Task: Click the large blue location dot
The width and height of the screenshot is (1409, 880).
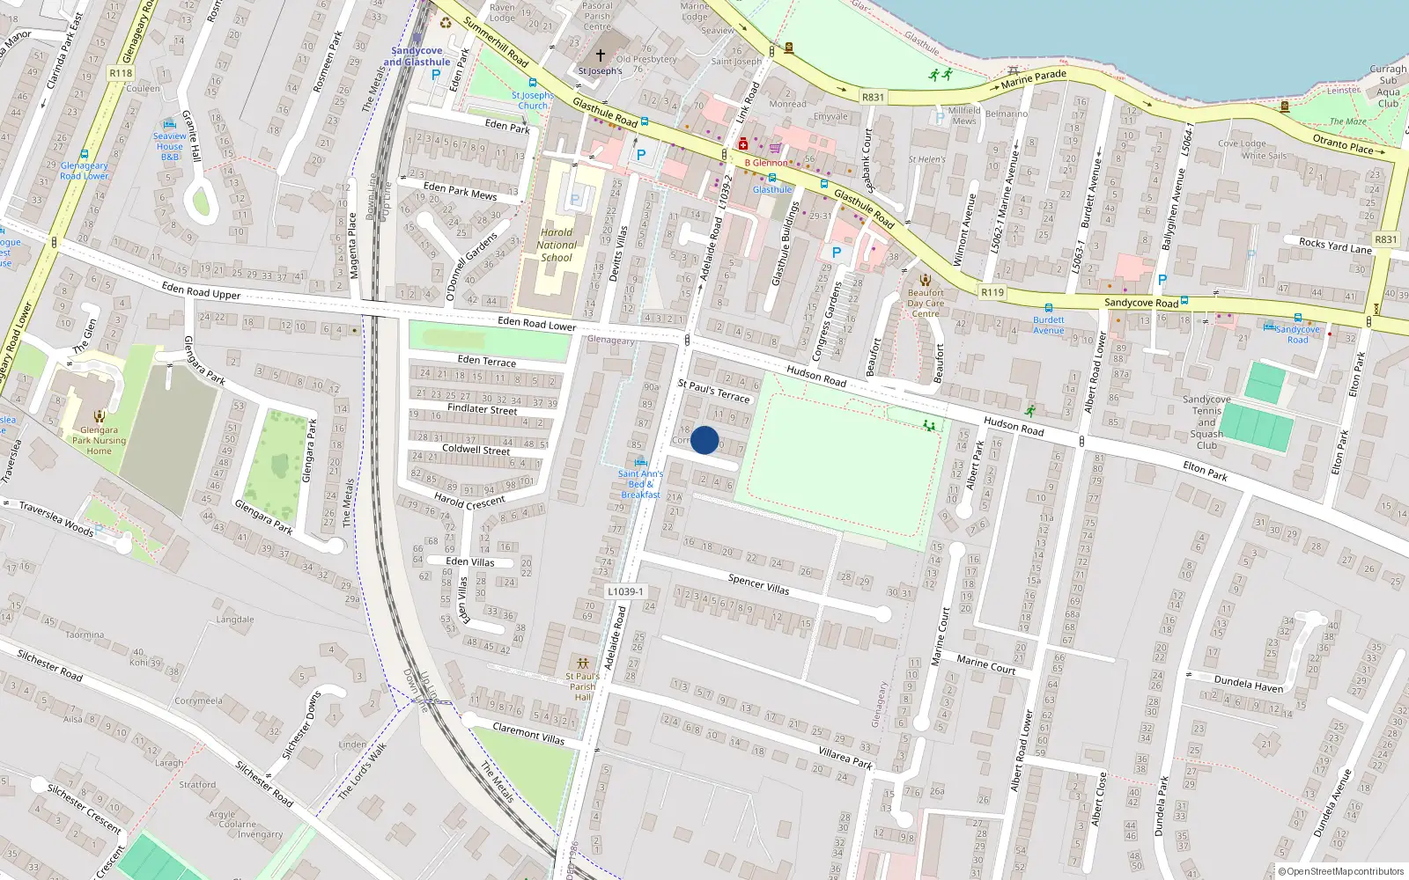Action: (x=704, y=440)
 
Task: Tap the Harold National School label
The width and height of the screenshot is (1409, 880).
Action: (x=557, y=246)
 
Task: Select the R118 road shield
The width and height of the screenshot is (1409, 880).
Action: (x=122, y=73)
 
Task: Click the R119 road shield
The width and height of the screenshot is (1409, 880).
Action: (x=992, y=292)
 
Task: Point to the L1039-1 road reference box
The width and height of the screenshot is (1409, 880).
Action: (x=625, y=591)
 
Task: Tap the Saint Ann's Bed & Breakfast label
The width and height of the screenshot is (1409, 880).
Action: (x=640, y=483)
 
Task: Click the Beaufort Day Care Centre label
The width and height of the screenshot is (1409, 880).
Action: (x=926, y=303)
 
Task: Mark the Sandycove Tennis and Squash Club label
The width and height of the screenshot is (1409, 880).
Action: (x=1206, y=422)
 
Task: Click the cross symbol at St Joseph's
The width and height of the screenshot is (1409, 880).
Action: (x=601, y=55)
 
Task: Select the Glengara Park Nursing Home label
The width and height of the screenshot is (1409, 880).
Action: (x=99, y=440)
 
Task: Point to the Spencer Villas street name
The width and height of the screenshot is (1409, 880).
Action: (x=758, y=583)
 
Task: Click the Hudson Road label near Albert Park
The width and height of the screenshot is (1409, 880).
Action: (x=1014, y=426)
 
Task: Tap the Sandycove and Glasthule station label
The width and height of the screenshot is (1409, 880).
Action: (x=417, y=56)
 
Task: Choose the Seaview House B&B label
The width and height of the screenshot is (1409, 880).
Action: (x=170, y=146)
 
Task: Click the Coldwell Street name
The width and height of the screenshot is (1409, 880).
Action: (x=476, y=449)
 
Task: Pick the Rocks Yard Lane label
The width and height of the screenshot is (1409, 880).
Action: (x=1335, y=246)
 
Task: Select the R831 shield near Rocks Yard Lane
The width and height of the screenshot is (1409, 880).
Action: (x=1385, y=239)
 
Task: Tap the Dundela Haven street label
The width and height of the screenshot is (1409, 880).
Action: (x=1249, y=683)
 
